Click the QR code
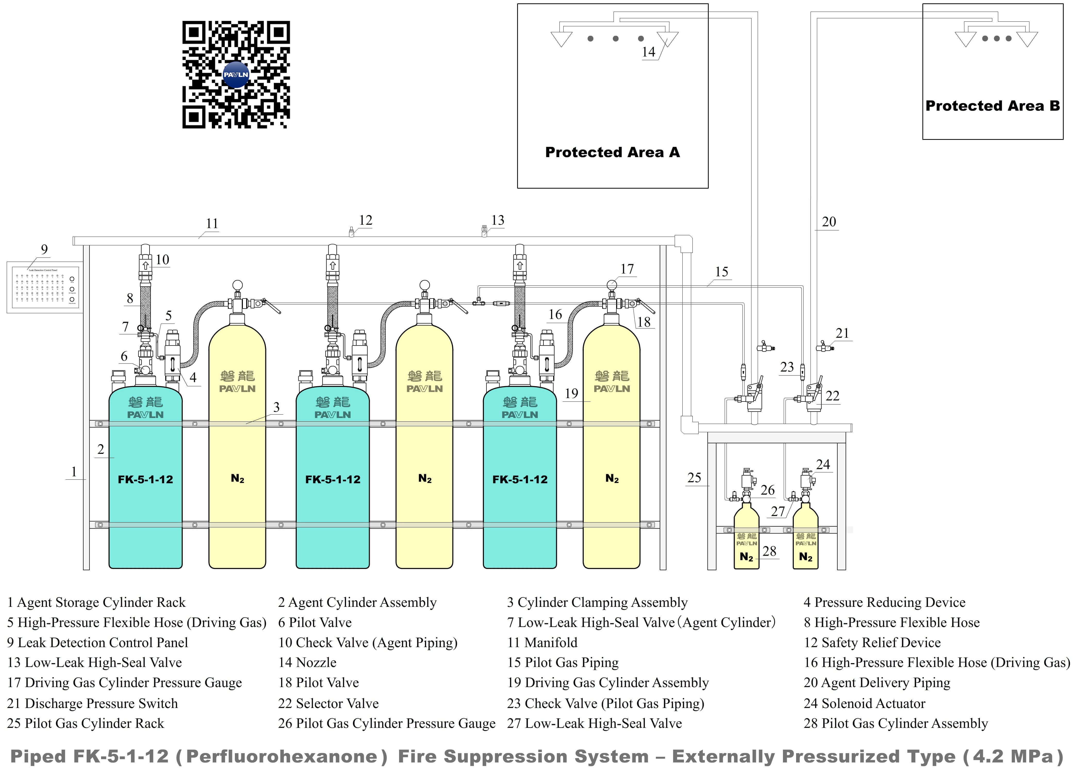[x=236, y=74]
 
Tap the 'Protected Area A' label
[x=612, y=152]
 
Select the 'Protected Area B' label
[x=992, y=106]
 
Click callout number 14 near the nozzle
[x=648, y=52]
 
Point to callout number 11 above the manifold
[x=212, y=223]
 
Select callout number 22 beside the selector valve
[x=832, y=396]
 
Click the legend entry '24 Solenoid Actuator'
[x=864, y=703]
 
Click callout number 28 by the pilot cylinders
[x=769, y=551]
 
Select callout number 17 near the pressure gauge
[x=627, y=269]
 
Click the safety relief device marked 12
[x=351, y=232]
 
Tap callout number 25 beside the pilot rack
[x=694, y=477]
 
